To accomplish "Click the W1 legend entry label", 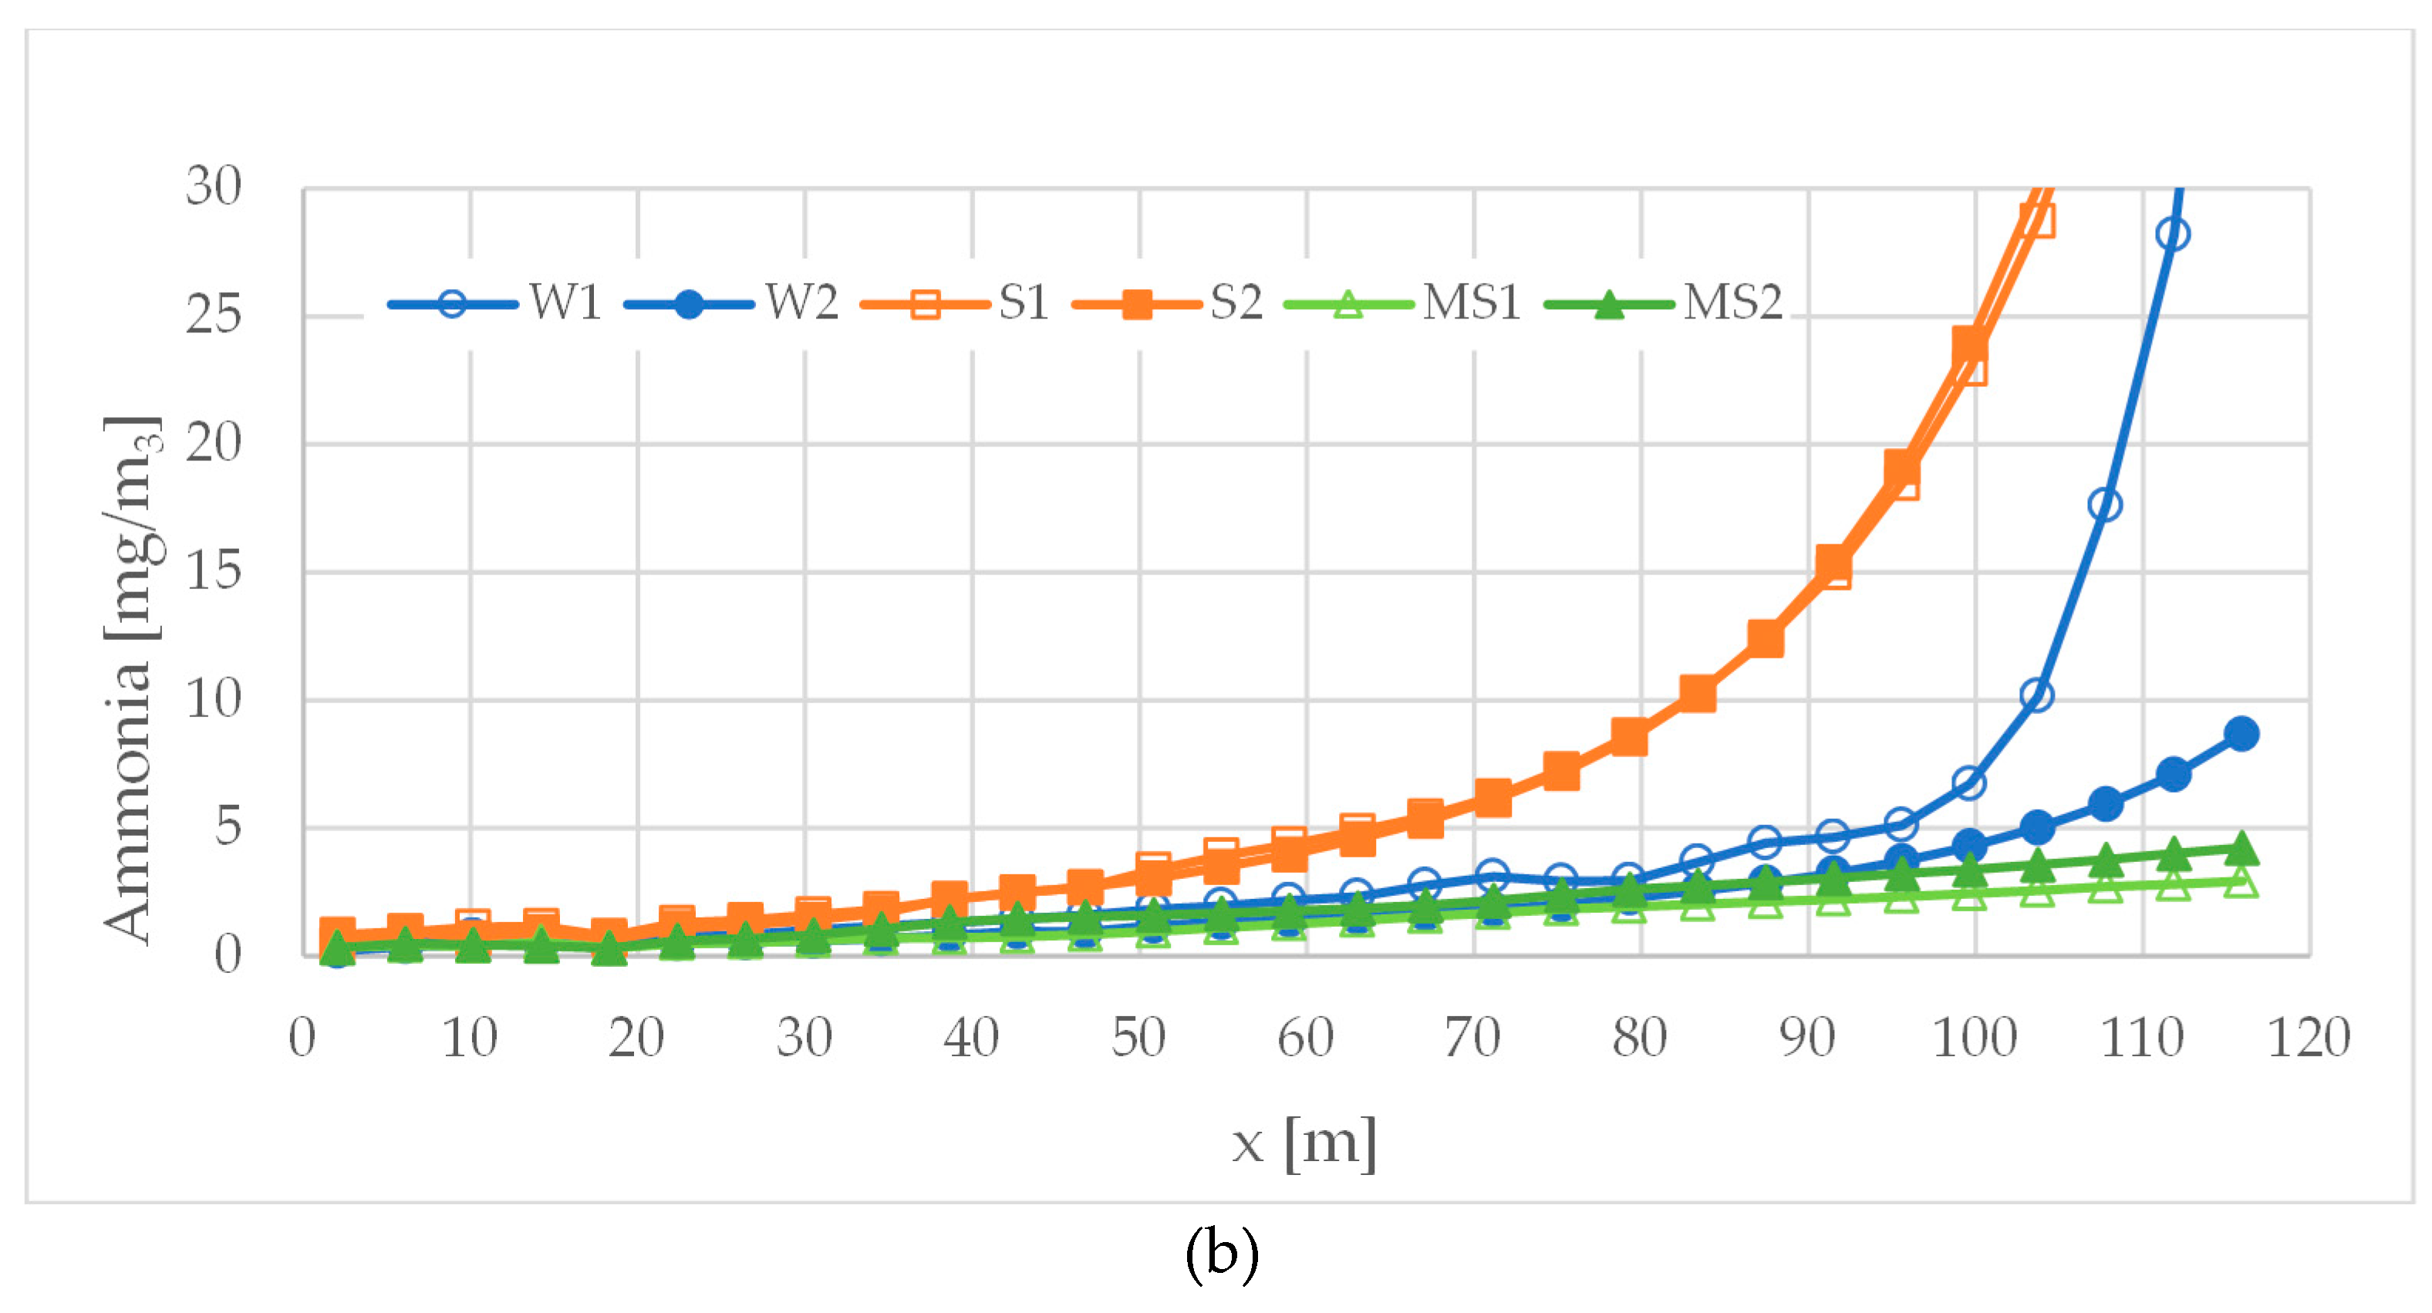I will [565, 303].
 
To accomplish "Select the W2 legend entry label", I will [801, 303].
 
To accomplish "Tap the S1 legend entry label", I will [1024, 303].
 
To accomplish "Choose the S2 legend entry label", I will [1236, 303].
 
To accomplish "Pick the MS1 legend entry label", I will [1471, 303].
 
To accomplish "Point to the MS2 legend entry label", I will [1732, 303].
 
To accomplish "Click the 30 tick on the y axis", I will [214, 186].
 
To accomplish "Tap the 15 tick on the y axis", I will [214, 571].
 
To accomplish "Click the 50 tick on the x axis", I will [1138, 1039].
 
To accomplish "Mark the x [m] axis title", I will [1304, 1143].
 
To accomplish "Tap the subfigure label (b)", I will [1222, 1254].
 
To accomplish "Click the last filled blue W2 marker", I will [2241, 733].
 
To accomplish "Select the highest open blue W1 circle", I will [2172, 234].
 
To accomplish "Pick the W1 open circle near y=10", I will [2036, 695].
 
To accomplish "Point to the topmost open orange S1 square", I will [2037, 221].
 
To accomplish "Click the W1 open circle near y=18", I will [2104, 505].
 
